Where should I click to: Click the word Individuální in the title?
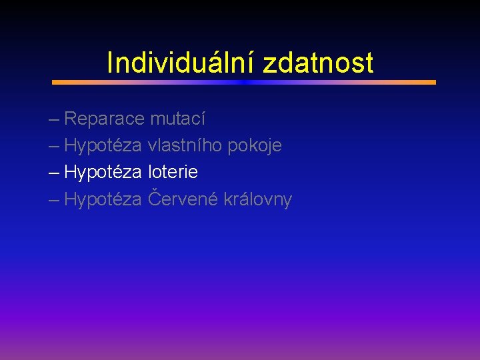click(181, 63)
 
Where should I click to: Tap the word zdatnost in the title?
click(318, 63)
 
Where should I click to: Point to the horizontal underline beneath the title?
click(244, 82)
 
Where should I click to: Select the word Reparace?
click(104, 119)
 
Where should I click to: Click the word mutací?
click(177, 119)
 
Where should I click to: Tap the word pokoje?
click(255, 146)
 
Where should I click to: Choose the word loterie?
click(173, 173)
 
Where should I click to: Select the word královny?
click(253, 200)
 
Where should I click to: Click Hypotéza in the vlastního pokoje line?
click(103, 146)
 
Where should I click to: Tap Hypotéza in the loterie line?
click(103, 173)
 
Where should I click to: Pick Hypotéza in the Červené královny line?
click(103, 200)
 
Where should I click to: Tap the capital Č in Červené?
click(154, 198)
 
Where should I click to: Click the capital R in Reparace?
click(70, 119)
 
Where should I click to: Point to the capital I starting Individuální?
click(110, 63)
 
